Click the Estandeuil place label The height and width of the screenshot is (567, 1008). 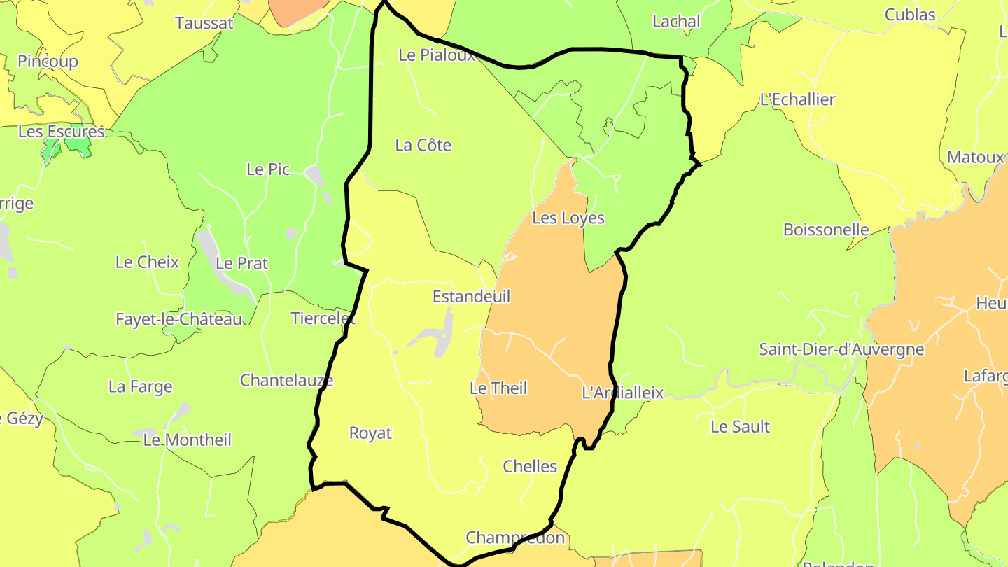coord(471,296)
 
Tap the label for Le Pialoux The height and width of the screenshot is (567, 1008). coord(437,55)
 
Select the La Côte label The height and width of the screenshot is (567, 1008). coord(423,146)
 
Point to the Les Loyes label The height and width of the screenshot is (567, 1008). coord(568,218)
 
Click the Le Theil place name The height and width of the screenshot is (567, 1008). coord(498,388)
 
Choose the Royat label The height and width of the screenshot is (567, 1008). coord(370,433)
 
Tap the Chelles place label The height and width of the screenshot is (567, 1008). coord(530,466)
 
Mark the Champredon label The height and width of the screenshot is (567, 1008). coord(515,538)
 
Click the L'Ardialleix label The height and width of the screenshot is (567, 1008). coord(622,393)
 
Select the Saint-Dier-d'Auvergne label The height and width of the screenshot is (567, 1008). coord(841,349)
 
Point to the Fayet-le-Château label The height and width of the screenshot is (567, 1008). coord(179,319)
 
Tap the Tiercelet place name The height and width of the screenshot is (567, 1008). coord(323,319)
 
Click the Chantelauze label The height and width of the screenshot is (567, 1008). coord(286,380)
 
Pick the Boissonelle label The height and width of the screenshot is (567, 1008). coord(826,230)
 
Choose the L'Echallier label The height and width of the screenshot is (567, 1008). coord(797,99)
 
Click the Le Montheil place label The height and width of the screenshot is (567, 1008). coord(187,440)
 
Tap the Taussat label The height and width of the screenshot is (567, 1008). coord(204,23)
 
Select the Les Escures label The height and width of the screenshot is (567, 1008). coord(61,132)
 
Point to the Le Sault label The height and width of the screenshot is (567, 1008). coord(740,426)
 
